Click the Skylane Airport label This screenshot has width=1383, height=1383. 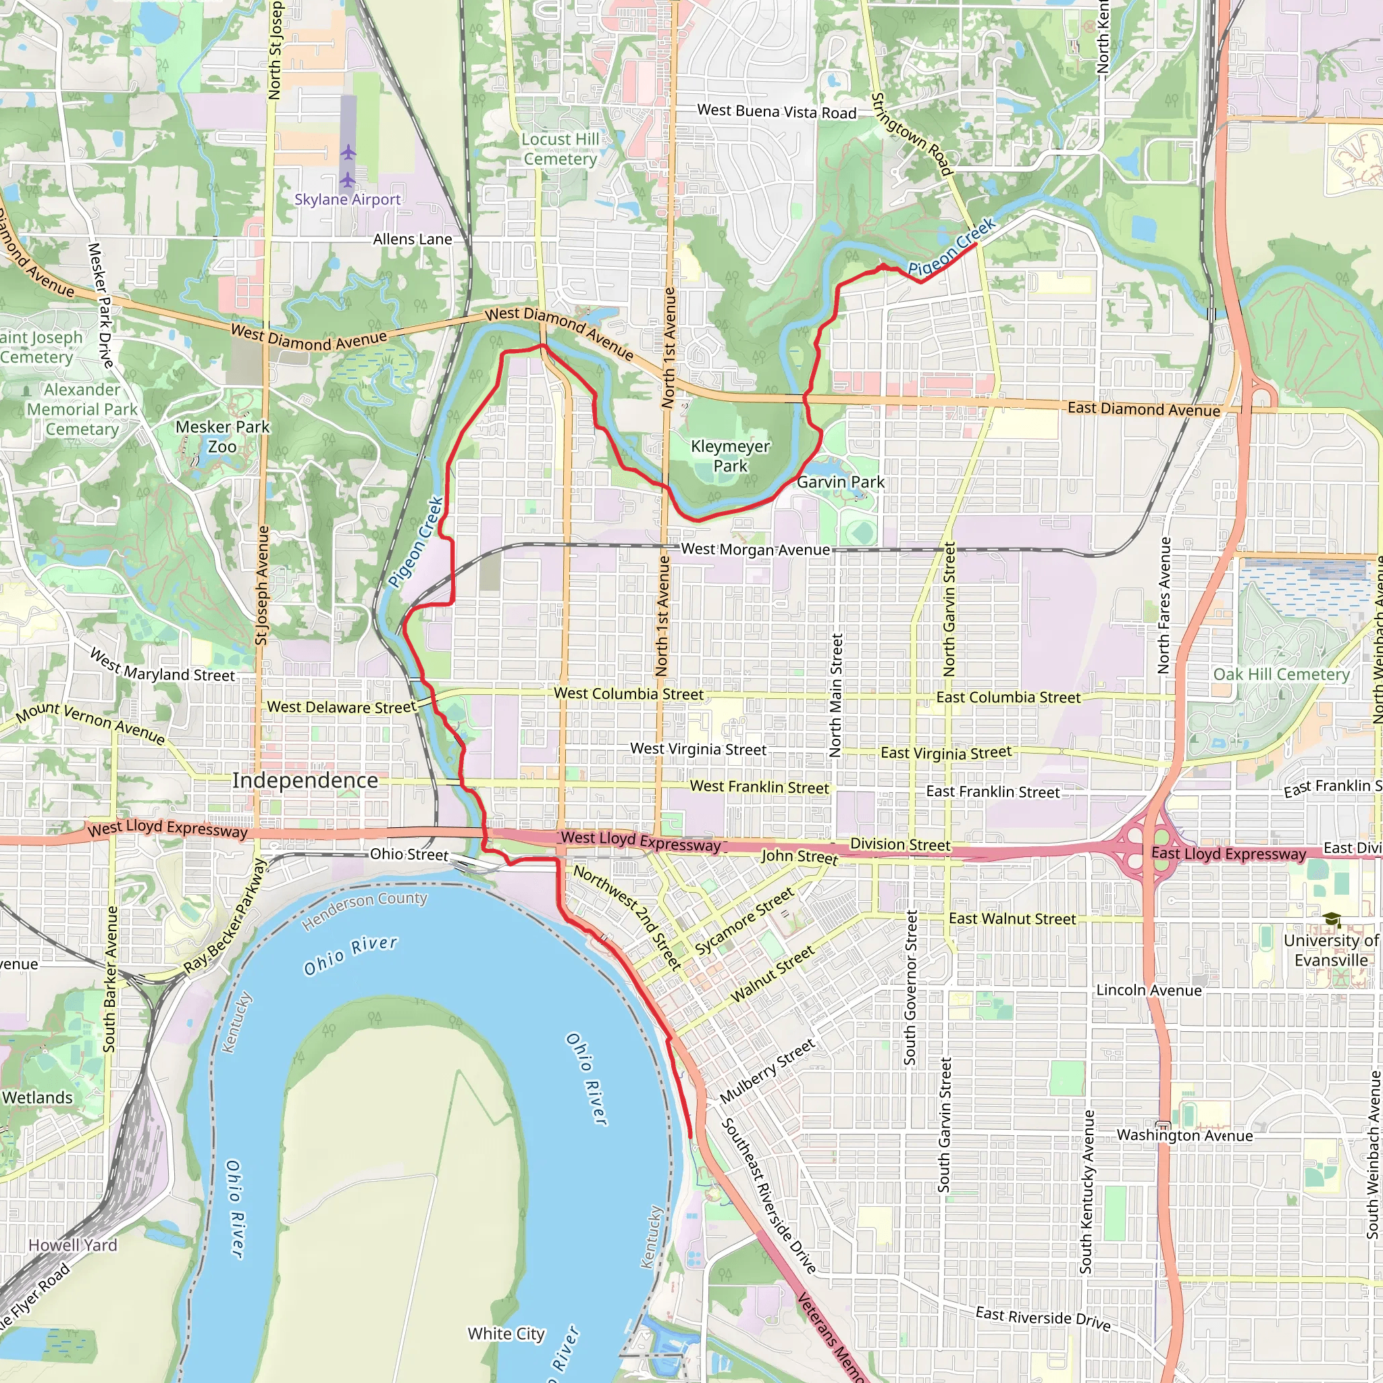coord(347,200)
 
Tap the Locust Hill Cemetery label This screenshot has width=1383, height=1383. coord(560,149)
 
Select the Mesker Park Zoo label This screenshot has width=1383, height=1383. coord(223,437)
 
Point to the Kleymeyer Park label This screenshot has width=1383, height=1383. coord(730,456)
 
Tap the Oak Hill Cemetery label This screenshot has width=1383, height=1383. coord(1281,675)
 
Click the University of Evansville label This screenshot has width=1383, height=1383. coord(1331,950)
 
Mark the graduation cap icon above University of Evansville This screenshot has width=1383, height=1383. coord(1332,920)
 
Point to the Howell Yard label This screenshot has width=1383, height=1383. coord(72,1245)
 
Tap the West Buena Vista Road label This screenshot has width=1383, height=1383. coord(777,111)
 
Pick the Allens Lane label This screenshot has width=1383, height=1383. coord(413,239)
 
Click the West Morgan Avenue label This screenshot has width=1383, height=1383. coord(755,549)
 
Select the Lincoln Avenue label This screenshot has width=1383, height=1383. coord(1149,990)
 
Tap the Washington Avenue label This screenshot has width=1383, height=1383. coord(1184,1135)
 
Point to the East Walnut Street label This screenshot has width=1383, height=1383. coord(1012,918)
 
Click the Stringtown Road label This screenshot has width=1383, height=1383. coord(912,134)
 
